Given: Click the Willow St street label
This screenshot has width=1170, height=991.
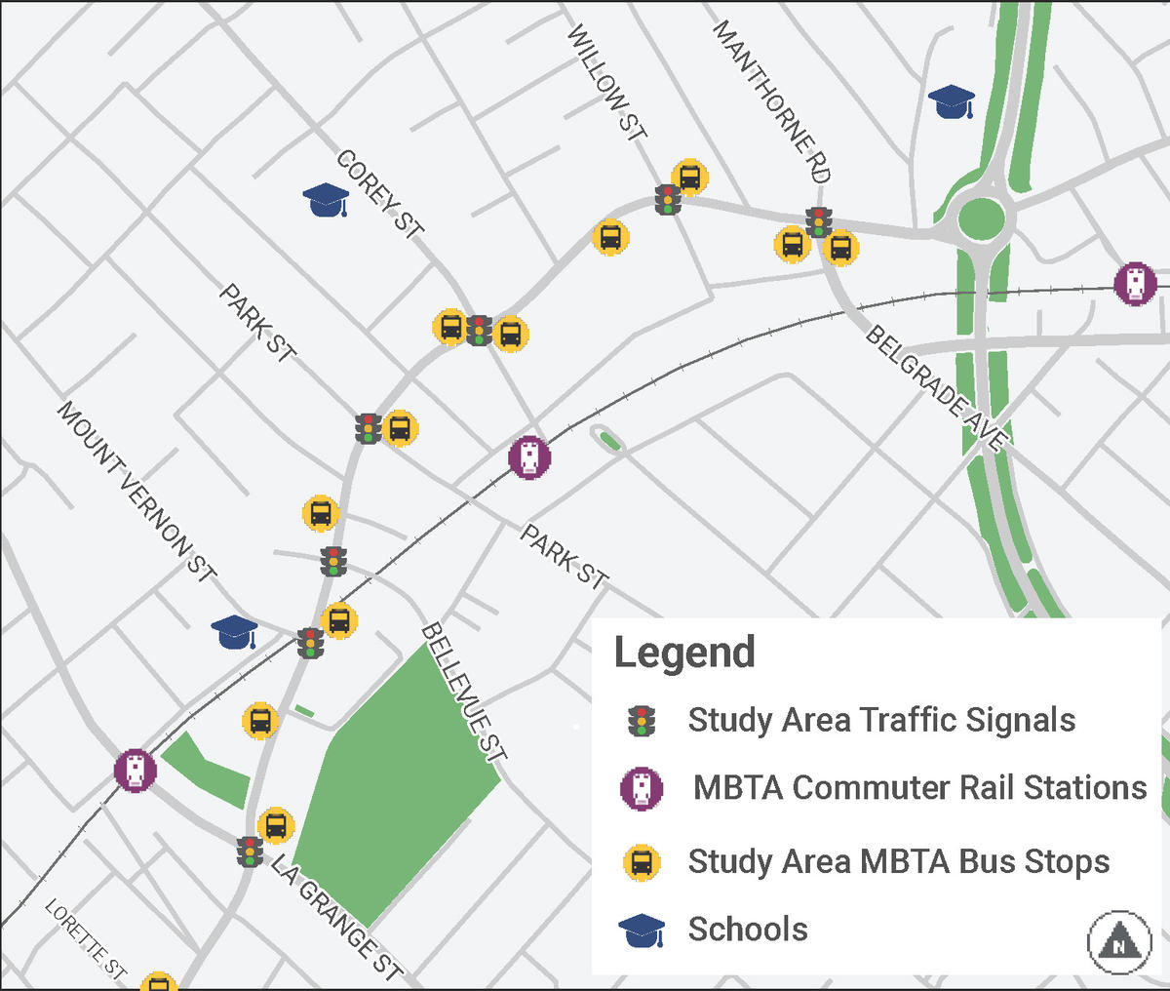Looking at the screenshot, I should pyautogui.click(x=606, y=83).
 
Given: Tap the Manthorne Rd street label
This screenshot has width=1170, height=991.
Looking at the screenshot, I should pyautogui.click(x=771, y=101).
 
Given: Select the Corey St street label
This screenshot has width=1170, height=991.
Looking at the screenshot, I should pyautogui.click(x=380, y=194).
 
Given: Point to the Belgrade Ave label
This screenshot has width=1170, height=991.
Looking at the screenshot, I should pyautogui.click(x=935, y=387).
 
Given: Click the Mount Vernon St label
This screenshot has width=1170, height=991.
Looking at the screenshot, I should pyautogui.click(x=136, y=491).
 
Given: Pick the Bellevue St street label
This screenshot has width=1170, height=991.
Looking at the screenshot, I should pyautogui.click(x=464, y=692).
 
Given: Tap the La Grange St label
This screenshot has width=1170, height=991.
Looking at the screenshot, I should pyautogui.click(x=336, y=917).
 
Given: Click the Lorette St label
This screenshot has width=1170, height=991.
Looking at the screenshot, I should pyautogui.click(x=86, y=938).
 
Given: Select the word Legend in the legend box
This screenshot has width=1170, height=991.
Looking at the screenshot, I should pyautogui.click(x=684, y=653).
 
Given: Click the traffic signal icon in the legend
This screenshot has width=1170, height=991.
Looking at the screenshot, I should pyautogui.click(x=641, y=721).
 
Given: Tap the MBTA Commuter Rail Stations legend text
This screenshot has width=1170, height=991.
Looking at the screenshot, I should pyautogui.click(x=919, y=787).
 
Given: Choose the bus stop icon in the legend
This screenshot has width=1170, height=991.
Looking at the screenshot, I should pyautogui.click(x=642, y=862).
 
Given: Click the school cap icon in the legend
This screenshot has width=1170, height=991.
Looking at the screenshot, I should pyautogui.click(x=642, y=931).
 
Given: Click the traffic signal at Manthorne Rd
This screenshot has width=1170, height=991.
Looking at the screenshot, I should pyautogui.click(x=819, y=222).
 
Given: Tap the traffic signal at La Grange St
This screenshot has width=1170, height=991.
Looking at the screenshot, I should pyautogui.click(x=250, y=852).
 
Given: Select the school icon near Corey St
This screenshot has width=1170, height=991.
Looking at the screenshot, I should pyautogui.click(x=327, y=200).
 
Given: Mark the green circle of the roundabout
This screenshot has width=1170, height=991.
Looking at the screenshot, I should pyautogui.click(x=980, y=218).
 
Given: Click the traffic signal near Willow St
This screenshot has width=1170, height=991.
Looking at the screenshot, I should pyautogui.click(x=668, y=199).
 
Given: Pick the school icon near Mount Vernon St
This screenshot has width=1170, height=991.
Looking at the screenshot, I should pyautogui.click(x=235, y=632).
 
